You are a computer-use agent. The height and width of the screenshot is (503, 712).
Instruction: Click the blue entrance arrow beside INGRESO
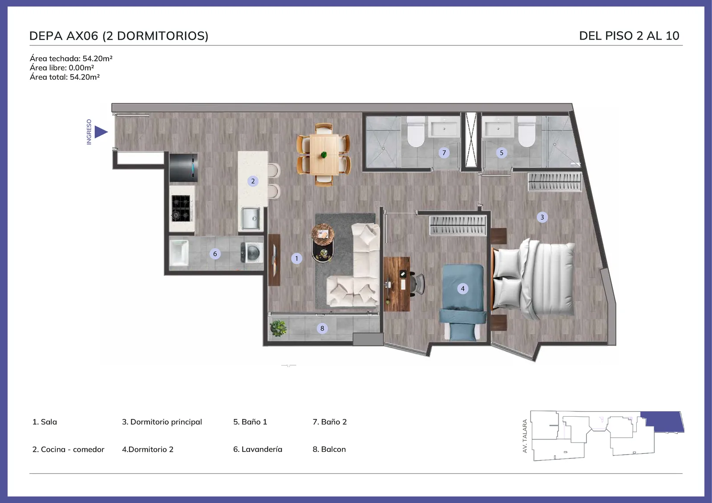point(101,132)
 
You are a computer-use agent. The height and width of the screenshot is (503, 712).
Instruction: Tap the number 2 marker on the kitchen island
point(253,181)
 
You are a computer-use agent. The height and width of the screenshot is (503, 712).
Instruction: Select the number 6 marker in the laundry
point(215,254)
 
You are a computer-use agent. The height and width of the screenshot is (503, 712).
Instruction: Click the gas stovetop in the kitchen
point(181,208)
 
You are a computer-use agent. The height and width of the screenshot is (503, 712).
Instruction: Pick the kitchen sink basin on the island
point(251,218)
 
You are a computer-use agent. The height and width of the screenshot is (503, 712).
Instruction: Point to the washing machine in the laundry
point(252,253)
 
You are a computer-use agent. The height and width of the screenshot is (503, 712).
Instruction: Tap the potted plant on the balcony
point(278,328)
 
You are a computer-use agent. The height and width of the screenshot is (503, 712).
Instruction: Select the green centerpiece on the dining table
point(324,155)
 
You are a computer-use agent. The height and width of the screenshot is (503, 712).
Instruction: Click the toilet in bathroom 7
point(416,132)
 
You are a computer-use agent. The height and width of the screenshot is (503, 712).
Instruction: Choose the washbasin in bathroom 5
point(498,127)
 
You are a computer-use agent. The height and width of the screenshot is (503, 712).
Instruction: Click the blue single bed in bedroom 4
point(463,302)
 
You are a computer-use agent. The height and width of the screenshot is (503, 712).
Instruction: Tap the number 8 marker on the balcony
point(322,328)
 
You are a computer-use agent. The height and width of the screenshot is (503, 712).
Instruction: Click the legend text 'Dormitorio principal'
point(166,422)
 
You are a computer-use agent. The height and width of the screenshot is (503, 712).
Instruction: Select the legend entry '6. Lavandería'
point(258,449)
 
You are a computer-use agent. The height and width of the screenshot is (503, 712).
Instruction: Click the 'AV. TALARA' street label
point(525,436)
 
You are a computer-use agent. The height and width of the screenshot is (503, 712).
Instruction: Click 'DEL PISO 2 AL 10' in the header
point(629,36)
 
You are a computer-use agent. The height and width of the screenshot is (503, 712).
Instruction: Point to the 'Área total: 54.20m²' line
point(65,77)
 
